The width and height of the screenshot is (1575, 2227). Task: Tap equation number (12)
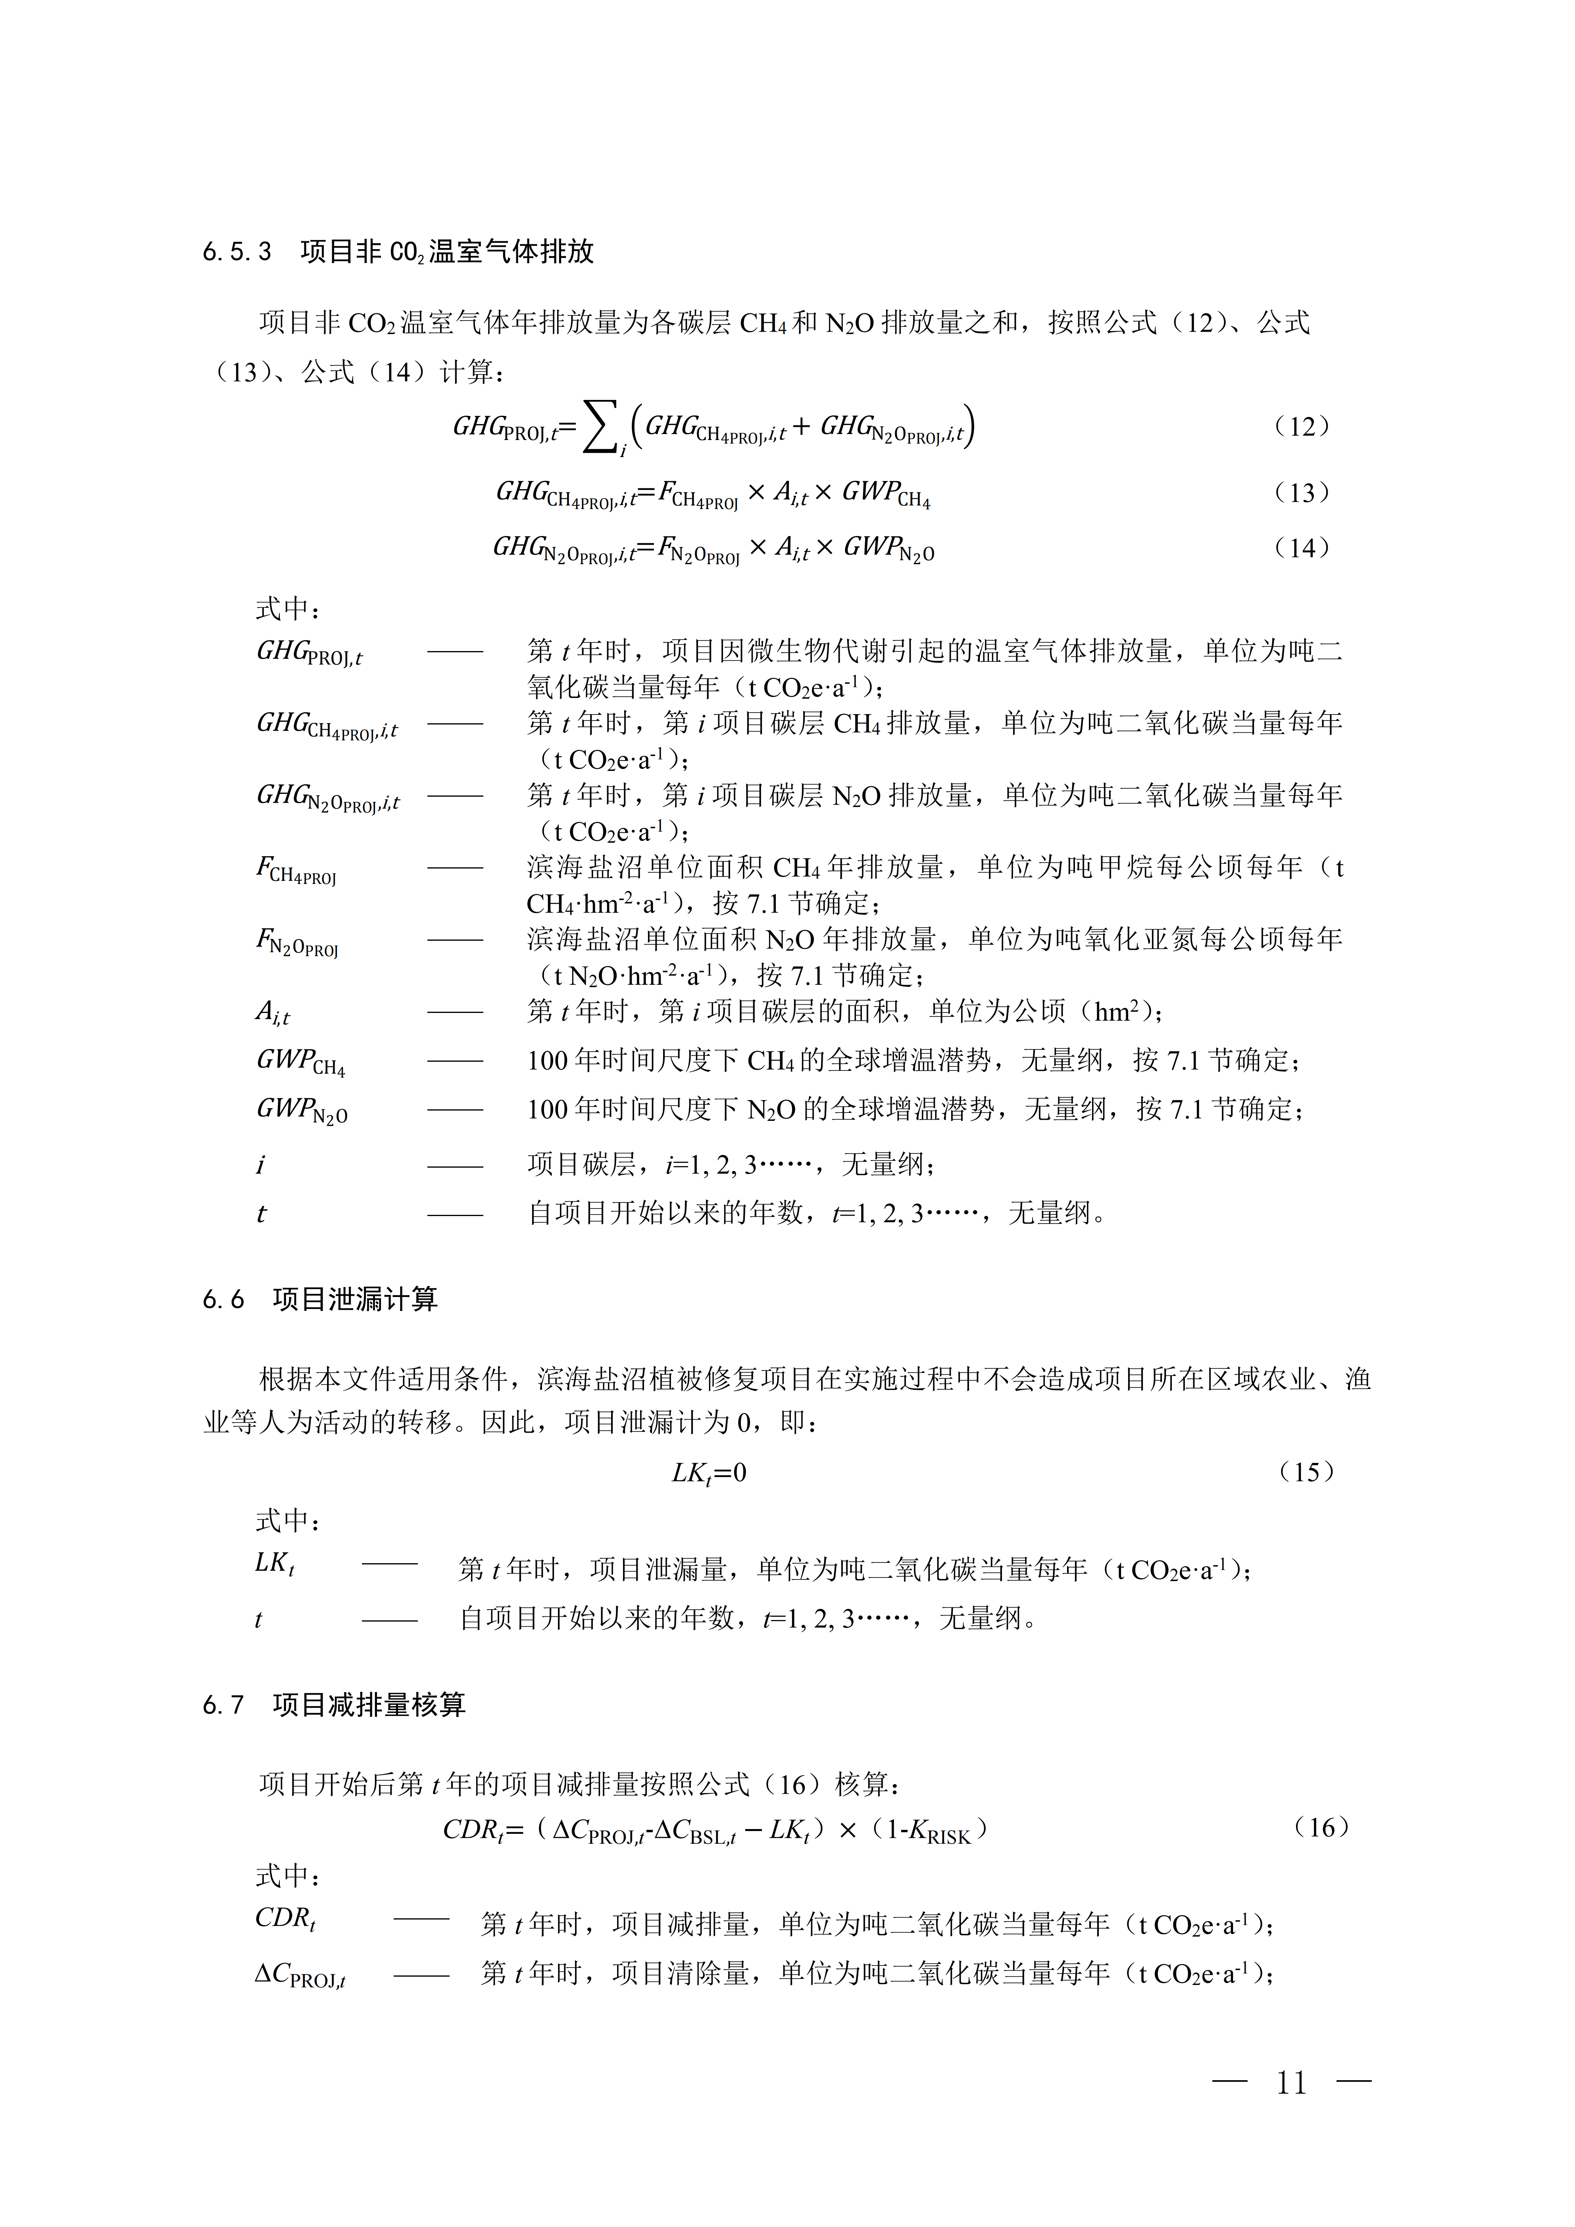(1302, 427)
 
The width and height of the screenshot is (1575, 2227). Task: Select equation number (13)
(1302, 493)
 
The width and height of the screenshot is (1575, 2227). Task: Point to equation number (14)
(1302, 548)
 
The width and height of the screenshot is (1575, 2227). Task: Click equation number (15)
(1306, 1472)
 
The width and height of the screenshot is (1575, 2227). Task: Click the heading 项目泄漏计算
(355, 1300)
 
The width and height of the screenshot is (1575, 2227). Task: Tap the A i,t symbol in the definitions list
(273, 1013)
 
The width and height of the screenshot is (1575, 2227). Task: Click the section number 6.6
(223, 1300)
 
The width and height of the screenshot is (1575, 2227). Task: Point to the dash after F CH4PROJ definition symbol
(455, 868)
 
